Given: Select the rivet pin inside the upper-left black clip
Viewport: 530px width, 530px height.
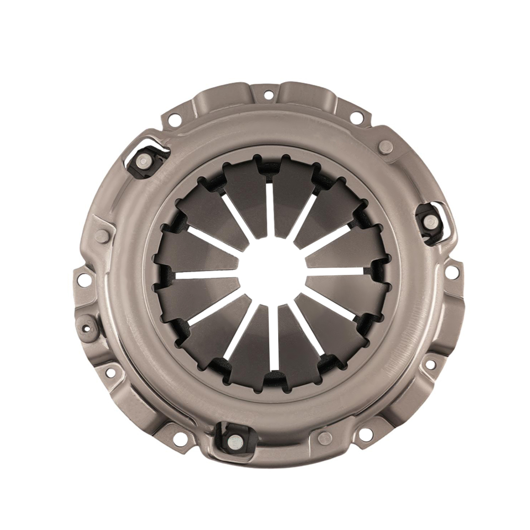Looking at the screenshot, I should (142, 161).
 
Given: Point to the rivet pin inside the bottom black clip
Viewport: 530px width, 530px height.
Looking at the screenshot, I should (233, 439).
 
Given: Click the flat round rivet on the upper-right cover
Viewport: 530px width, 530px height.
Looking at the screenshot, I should (386, 147).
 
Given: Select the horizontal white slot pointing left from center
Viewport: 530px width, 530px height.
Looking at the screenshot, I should (204, 275).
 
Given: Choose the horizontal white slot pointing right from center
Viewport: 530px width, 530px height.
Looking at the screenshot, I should (337, 271).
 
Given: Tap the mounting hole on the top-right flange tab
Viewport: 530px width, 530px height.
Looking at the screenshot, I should (357, 117).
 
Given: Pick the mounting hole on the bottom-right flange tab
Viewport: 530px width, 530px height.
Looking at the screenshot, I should (365, 434).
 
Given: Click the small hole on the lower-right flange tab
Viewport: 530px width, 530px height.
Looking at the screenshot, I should (430, 365).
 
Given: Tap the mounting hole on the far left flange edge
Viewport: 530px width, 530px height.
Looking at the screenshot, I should (84, 280).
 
